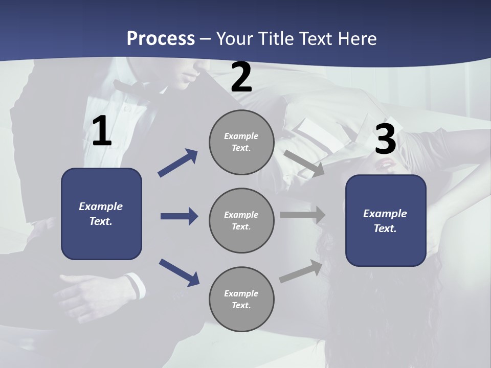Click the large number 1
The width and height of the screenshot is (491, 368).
point(102,131)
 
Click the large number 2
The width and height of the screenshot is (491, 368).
point(241,77)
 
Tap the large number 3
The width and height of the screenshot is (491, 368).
point(386,140)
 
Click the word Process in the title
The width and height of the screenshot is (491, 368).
point(161,38)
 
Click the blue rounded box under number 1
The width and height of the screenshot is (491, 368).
point(101,214)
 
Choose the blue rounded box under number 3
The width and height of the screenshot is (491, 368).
point(386,220)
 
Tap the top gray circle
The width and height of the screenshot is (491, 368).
point(241,142)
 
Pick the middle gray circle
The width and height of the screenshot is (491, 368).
point(241,221)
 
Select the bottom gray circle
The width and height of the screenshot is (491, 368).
point(241,300)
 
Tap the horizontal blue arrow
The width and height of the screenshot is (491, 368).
point(179,216)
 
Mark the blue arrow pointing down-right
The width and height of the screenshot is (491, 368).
point(179,272)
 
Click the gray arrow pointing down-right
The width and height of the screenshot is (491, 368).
point(304,163)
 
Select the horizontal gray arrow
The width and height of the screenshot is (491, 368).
point(303,215)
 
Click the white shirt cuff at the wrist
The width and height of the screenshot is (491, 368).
point(134,286)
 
